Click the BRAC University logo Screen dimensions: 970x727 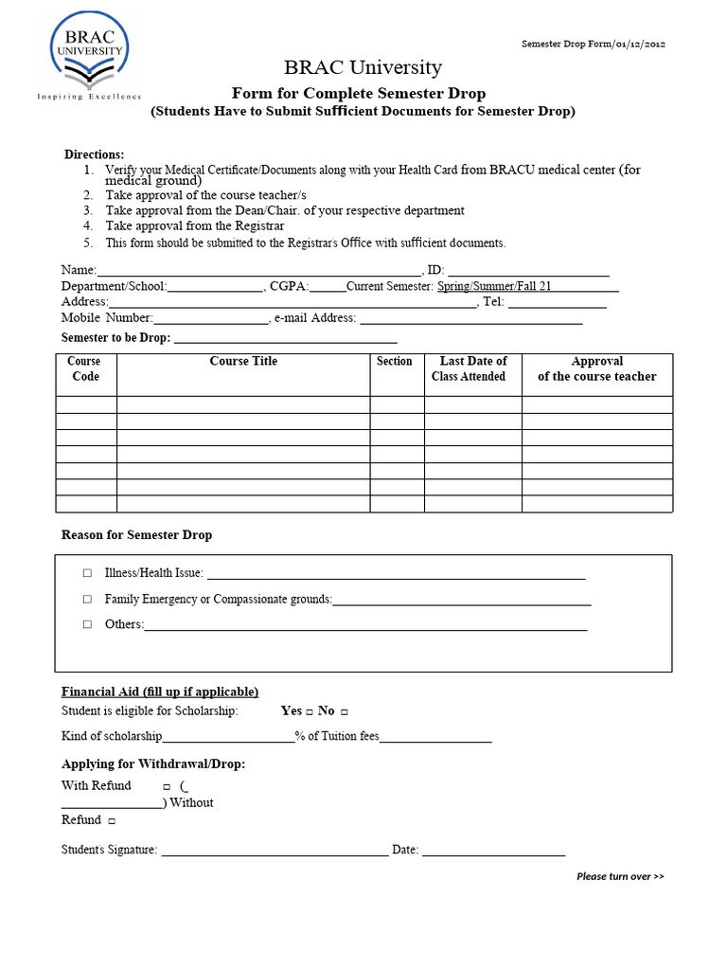click(x=90, y=54)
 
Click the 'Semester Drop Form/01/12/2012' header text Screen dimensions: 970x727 click(x=594, y=45)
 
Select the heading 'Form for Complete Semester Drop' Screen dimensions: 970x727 click(x=360, y=93)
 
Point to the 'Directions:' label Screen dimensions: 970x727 click(x=94, y=154)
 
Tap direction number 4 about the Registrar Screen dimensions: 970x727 click(x=194, y=226)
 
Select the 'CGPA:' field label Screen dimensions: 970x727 click(x=289, y=286)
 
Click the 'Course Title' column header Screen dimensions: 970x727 click(x=243, y=361)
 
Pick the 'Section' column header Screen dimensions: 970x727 click(x=395, y=361)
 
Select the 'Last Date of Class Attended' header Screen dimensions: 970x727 click(x=472, y=368)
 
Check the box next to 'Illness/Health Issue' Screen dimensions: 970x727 click(x=87, y=573)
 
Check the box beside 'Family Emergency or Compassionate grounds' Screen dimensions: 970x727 click(x=87, y=599)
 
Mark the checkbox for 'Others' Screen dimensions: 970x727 click(x=87, y=624)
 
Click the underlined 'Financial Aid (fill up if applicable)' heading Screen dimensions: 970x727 click(x=160, y=692)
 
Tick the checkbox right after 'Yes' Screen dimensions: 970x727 click(x=310, y=711)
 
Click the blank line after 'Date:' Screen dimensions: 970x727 click(x=493, y=850)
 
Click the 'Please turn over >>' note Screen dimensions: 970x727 click(x=620, y=876)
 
